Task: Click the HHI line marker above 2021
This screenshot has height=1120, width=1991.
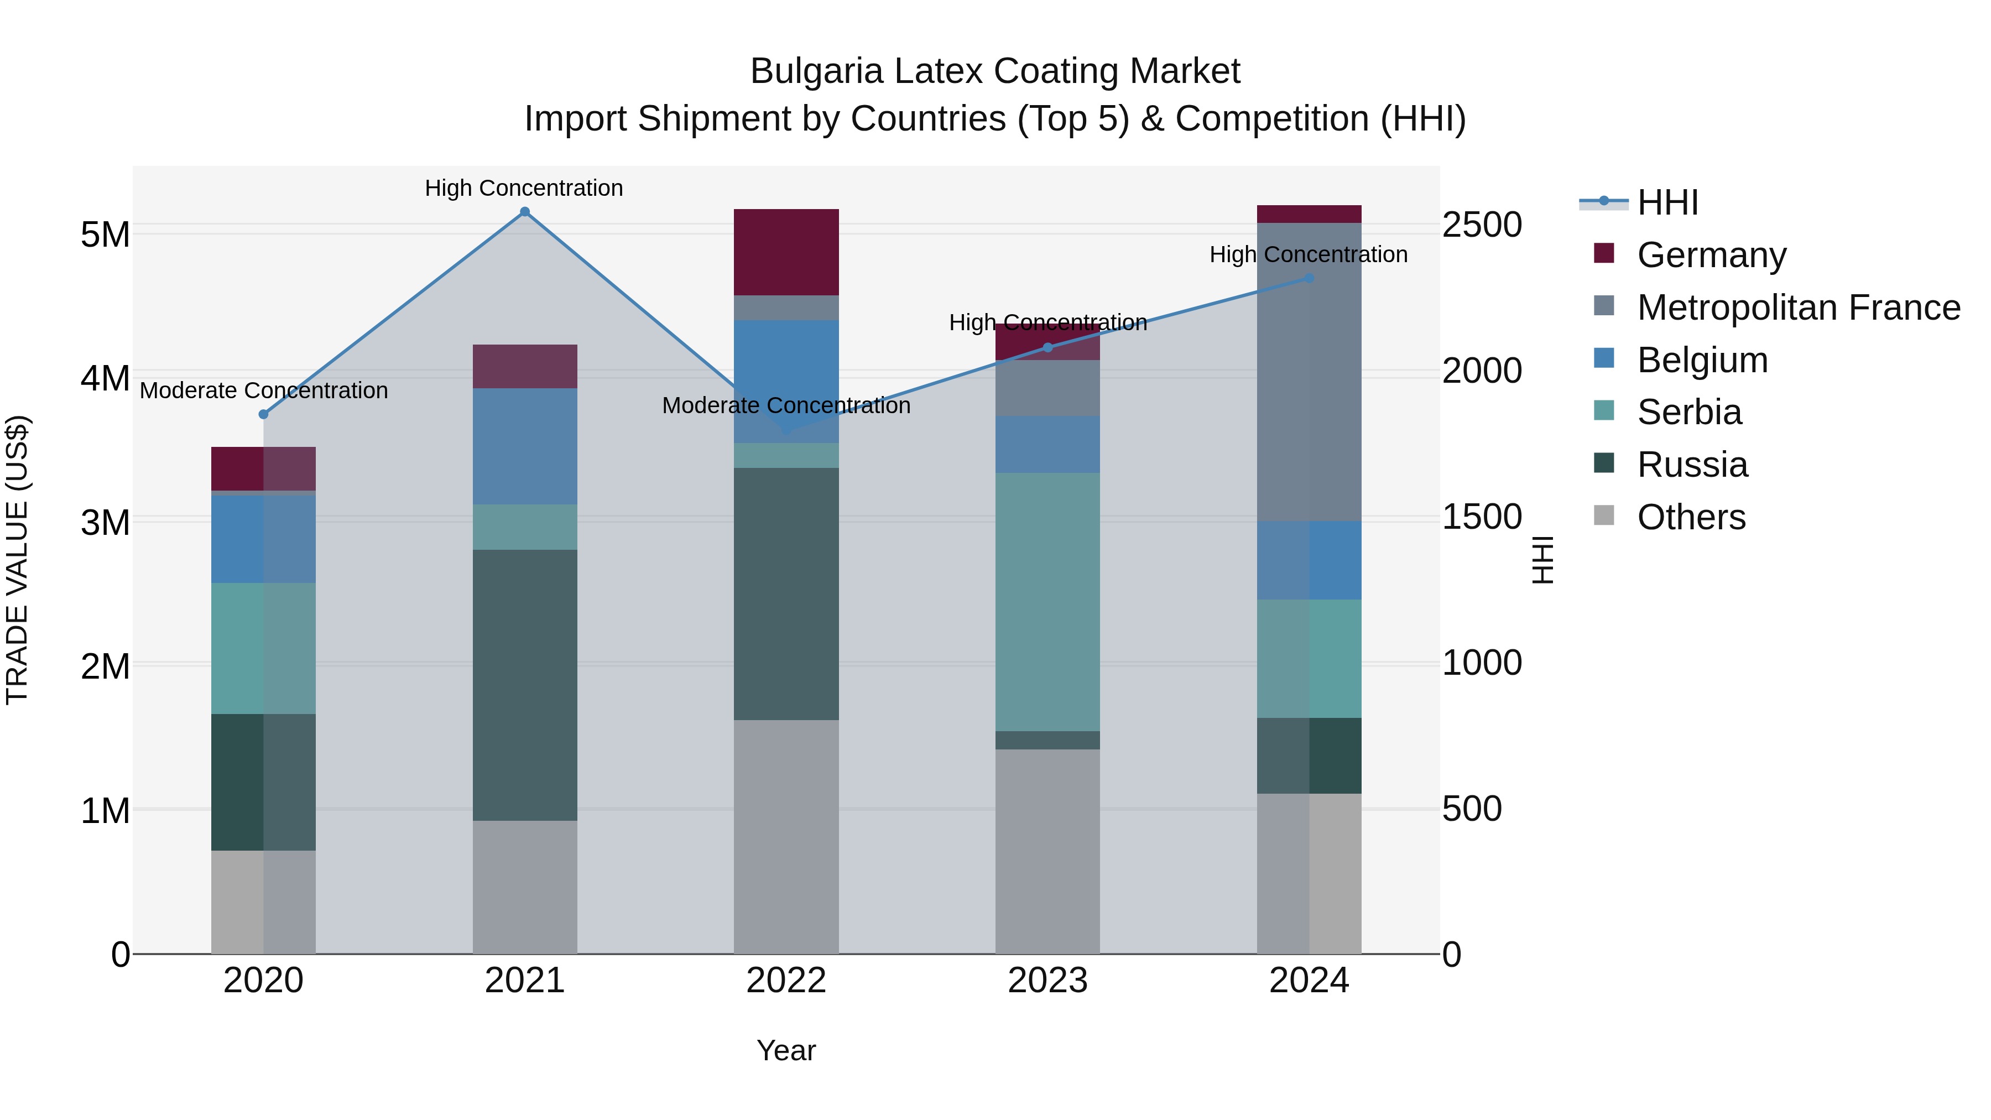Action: tap(525, 212)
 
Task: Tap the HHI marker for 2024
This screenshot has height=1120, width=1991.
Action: tap(1309, 278)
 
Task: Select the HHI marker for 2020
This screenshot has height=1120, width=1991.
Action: tap(264, 414)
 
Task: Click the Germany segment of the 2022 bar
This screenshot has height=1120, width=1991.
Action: tap(786, 252)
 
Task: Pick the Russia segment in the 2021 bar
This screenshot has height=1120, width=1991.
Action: tap(525, 685)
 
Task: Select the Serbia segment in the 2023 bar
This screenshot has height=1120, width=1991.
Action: tap(1047, 601)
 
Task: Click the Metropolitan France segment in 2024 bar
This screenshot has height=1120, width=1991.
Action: tap(1309, 371)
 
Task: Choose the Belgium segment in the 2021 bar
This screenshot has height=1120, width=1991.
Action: tap(525, 446)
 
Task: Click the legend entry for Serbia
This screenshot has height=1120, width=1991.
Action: tap(1689, 412)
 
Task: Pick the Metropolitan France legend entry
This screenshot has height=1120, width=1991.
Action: tap(1798, 308)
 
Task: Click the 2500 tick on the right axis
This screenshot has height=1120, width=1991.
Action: tap(1482, 225)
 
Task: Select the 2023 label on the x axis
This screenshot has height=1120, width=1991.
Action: tap(1047, 981)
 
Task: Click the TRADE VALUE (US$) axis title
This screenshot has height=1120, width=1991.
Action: tap(18, 560)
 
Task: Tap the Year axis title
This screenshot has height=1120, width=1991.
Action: tap(786, 1050)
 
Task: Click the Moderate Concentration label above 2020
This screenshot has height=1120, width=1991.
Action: tap(264, 390)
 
